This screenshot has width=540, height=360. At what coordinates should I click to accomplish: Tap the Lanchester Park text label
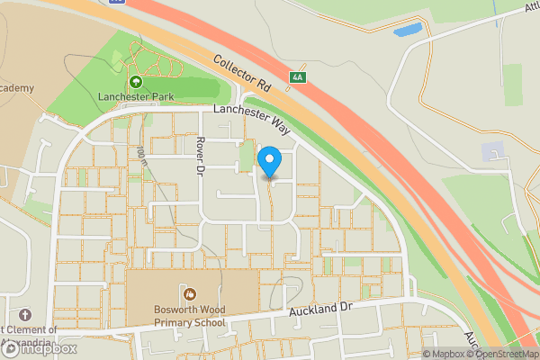point(137,96)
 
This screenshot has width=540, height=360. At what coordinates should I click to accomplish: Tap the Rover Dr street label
point(202,156)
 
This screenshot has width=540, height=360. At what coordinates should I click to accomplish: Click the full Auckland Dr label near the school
point(320,311)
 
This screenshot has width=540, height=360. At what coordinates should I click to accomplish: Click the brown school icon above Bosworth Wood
point(190,292)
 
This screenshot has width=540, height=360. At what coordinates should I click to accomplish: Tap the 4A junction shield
point(297,78)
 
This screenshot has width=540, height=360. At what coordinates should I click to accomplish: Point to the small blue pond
point(407,30)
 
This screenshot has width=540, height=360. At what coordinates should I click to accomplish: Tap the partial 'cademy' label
point(18,87)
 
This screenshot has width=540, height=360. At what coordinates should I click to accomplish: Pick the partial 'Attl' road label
point(527,7)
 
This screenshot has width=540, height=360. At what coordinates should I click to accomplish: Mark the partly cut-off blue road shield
point(116,2)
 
